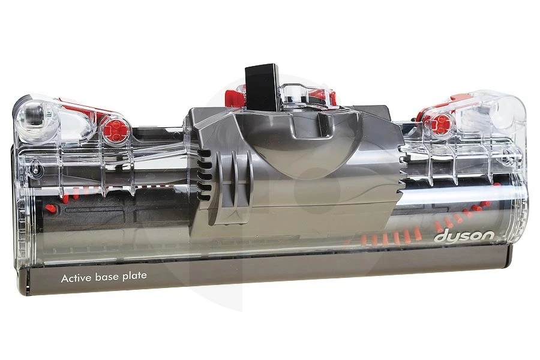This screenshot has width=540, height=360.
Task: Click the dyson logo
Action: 464,237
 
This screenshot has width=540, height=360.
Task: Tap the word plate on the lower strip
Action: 134,276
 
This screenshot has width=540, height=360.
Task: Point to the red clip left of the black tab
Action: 234,97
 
